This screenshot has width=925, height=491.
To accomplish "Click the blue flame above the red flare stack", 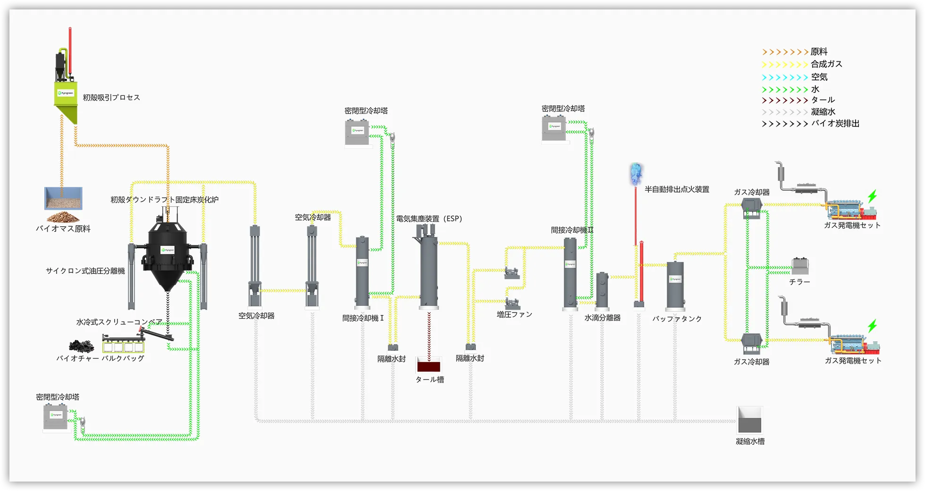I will [x=636, y=174].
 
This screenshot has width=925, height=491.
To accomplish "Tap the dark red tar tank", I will [x=429, y=365].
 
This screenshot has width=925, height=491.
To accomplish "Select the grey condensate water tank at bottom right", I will [x=749, y=420].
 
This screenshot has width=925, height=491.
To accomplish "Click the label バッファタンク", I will [x=677, y=319].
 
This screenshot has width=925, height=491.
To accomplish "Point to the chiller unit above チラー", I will [x=800, y=266].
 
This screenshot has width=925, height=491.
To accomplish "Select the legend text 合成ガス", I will [x=826, y=64].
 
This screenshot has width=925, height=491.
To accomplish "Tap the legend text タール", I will [x=823, y=100].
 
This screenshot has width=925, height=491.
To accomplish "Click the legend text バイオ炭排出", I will [x=835, y=124].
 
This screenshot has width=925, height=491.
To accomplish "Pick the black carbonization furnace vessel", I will [x=168, y=255].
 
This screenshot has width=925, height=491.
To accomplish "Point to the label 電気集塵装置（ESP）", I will [x=429, y=219].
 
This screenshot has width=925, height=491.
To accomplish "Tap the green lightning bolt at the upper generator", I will [x=872, y=196].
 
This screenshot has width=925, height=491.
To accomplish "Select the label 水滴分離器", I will [x=602, y=318].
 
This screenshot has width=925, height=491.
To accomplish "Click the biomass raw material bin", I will [x=63, y=198].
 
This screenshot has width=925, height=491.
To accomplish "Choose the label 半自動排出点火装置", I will [x=677, y=189].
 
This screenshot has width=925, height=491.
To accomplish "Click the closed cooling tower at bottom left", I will [x=56, y=417].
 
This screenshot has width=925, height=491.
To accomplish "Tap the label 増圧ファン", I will [x=514, y=314].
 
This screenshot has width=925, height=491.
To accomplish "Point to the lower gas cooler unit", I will [x=751, y=343].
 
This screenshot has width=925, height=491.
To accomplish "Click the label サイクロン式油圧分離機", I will [x=85, y=271].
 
